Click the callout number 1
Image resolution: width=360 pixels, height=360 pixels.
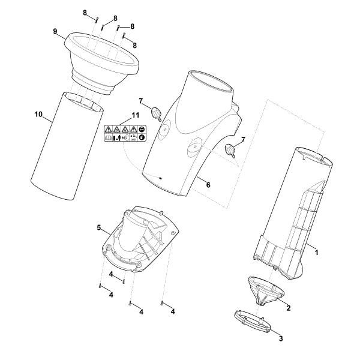316,253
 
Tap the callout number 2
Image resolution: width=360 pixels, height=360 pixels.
289,308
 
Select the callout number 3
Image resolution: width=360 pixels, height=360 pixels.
281,338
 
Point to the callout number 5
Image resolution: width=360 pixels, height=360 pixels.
99,228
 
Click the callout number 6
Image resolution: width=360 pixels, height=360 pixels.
208,185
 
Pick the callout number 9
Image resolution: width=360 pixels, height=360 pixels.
55,31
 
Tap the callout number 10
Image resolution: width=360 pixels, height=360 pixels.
38,114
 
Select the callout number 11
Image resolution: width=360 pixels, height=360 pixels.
135,115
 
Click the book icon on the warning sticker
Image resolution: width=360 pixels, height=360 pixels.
108,138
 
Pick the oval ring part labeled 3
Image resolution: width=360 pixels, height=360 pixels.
253,322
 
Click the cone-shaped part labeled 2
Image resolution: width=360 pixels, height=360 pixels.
266,291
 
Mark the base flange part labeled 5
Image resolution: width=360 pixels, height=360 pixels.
140,239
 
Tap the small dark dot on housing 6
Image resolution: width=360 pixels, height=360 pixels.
160,178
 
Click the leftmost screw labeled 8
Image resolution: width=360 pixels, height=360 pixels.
97,20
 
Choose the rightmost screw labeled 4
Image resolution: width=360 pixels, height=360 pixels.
163,303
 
